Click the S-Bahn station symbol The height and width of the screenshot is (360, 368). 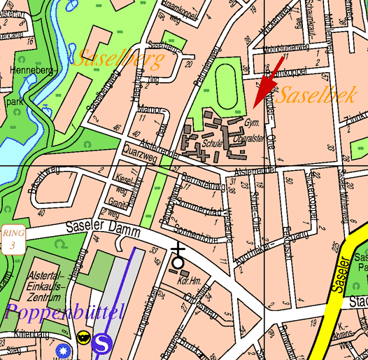click(x=103, y=342)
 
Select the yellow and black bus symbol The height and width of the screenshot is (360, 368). click(x=83, y=338)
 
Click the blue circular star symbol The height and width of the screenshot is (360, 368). click(x=65, y=349)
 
